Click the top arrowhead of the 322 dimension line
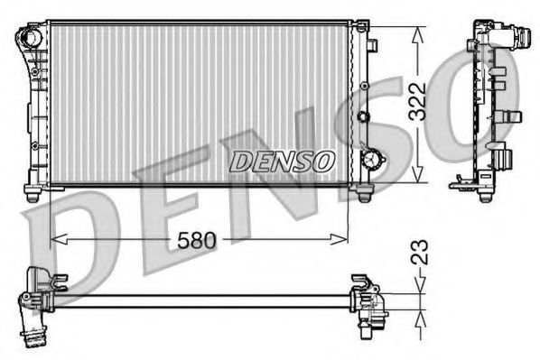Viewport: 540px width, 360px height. [x=416, y=32]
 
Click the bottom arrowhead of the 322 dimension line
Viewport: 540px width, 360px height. [x=416, y=178]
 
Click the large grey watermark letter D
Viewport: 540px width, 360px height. [x=72, y=244]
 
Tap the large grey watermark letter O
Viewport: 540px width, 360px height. [x=492, y=99]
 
